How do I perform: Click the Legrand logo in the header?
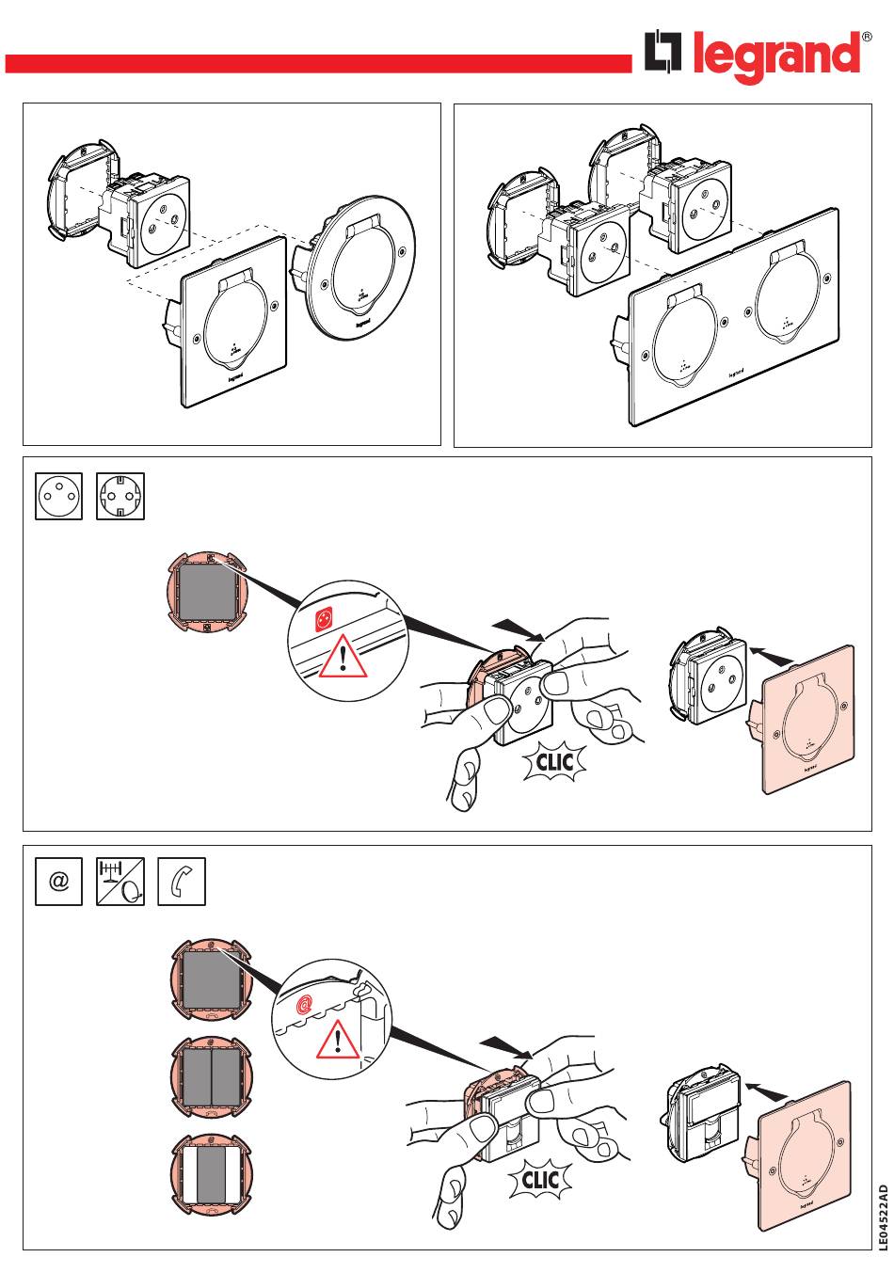tap(753, 55)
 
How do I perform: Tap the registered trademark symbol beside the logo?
tap(867, 37)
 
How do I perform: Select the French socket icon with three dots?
tap(59, 496)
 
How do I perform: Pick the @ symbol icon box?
tap(59, 883)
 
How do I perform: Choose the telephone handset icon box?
tap(182, 883)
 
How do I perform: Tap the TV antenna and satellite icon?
tap(120, 883)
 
